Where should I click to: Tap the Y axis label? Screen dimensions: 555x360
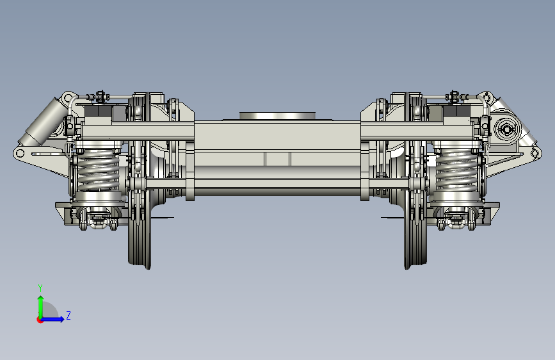pos(40,288)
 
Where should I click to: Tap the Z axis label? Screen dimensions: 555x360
pos(68,315)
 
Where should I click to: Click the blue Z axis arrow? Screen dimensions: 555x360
pos(52,319)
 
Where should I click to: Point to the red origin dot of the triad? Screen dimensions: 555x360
pos(40,320)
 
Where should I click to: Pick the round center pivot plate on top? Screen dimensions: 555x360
pos(277,116)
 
